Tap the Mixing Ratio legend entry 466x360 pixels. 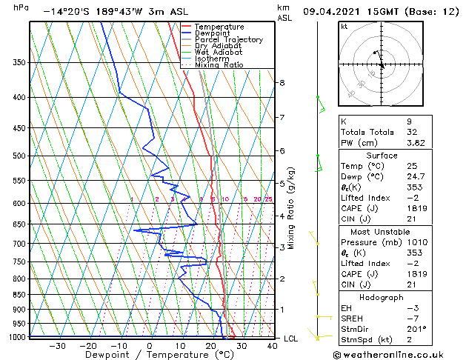click(x=219, y=65)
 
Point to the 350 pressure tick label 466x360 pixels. click(x=19, y=63)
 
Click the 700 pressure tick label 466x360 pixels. click(x=19, y=244)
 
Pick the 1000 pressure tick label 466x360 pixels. click(x=17, y=338)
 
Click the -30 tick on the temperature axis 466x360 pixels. click(x=57, y=345)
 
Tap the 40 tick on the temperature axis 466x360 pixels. click(x=273, y=345)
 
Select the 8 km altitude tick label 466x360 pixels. click(x=282, y=82)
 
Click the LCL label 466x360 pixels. click(x=291, y=339)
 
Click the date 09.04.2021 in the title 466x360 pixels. click(x=332, y=12)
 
